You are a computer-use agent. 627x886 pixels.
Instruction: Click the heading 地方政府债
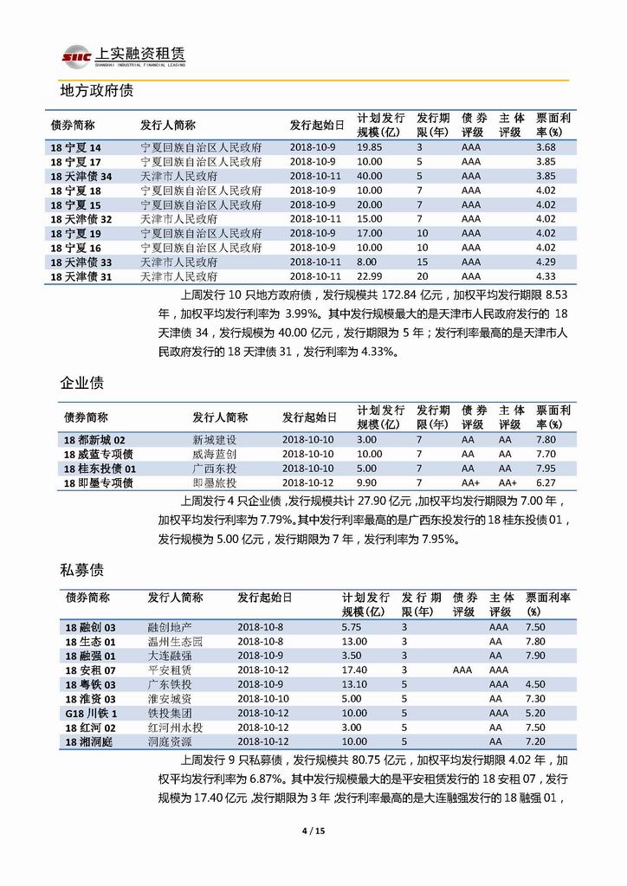[96, 91]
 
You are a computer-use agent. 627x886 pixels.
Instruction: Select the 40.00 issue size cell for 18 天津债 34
[370, 176]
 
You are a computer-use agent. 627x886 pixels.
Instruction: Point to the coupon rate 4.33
[546, 275]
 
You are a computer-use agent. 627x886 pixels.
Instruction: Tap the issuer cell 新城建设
[214, 440]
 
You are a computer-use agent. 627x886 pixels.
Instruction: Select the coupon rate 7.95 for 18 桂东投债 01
[546, 469]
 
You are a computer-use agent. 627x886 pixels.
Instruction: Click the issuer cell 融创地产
[170, 627]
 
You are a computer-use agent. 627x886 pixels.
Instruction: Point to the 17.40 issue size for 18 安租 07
[355, 670]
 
